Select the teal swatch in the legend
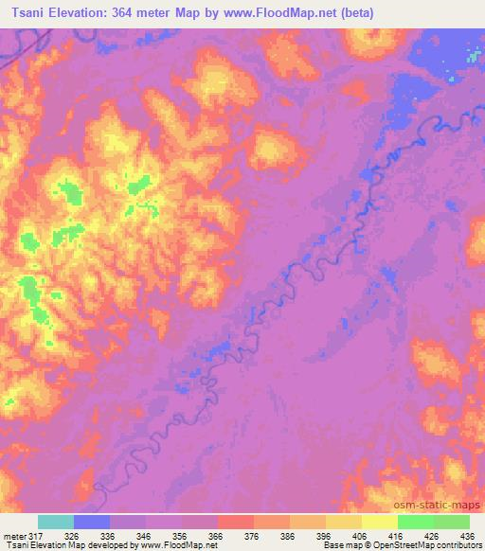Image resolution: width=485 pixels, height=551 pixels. tap(56, 522)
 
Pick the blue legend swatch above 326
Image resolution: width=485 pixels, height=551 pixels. tap(92, 522)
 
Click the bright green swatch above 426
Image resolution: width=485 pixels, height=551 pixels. tap(415, 522)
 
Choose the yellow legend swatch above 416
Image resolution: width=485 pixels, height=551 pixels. tap(379, 522)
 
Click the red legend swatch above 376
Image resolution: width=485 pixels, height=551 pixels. tap(235, 522)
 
